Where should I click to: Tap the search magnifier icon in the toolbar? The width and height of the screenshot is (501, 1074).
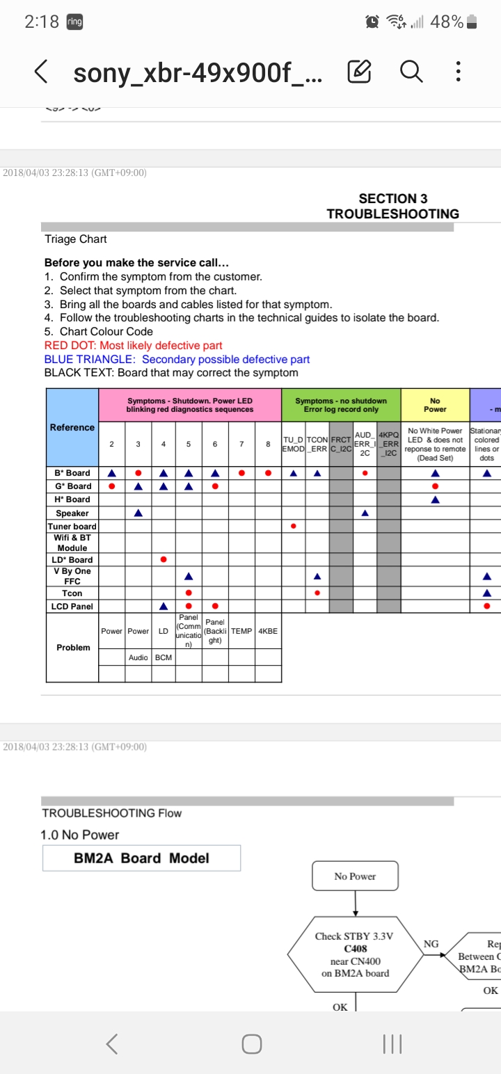[411, 71]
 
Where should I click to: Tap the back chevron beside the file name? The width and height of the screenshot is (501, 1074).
[42, 71]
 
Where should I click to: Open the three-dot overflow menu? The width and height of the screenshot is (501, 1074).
[457, 71]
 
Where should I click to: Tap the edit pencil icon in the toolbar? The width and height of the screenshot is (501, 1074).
[359, 71]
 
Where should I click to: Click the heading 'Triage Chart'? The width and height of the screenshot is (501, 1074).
[76, 239]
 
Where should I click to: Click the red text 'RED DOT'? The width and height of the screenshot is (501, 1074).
[70, 346]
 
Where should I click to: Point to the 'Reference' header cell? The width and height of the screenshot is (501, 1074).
[72, 427]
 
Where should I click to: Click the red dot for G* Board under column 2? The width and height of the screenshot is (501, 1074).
[111, 486]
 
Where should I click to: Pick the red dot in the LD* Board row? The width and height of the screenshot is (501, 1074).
[163, 559]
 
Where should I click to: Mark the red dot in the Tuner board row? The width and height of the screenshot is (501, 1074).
[293, 526]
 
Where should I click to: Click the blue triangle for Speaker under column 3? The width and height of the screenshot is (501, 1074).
[138, 513]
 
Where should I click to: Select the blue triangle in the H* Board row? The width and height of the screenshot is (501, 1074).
[436, 499]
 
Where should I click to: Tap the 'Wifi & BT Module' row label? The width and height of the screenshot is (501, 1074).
[72, 543]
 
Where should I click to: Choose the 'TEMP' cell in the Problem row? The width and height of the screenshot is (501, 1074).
[241, 631]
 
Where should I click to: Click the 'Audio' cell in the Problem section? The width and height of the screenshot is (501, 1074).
[138, 657]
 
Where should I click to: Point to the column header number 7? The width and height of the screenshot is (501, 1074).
[241, 443]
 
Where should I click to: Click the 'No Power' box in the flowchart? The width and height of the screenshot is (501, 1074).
[355, 876]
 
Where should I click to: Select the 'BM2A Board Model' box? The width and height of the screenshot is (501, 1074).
[141, 858]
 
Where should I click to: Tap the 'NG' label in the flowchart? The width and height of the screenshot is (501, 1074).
[431, 944]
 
